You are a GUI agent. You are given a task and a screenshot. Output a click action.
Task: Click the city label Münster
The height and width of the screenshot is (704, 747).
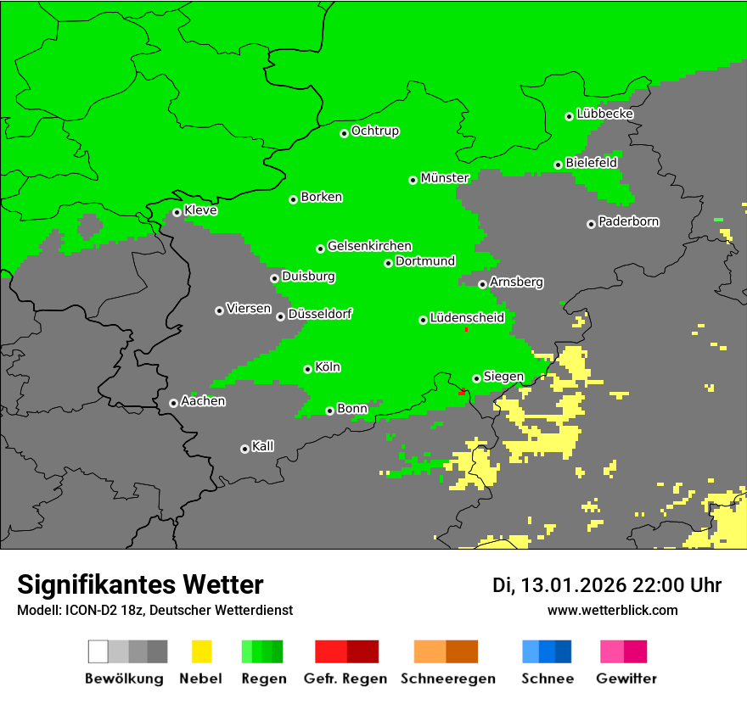[445, 178]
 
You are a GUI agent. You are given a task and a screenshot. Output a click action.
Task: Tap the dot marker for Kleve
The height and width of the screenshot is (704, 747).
[177, 212]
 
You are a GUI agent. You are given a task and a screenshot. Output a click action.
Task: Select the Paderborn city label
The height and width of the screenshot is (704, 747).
[628, 221]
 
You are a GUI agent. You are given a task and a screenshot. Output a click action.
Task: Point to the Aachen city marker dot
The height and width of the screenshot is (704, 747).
[173, 403]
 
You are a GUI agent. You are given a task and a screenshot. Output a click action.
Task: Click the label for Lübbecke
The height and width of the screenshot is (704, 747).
[604, 114]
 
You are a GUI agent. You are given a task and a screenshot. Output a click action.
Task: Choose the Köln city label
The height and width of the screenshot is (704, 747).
[328, 367]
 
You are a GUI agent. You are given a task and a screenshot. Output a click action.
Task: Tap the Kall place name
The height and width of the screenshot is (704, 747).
[262, 446]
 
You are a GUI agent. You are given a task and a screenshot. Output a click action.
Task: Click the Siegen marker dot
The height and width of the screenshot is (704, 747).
[476, 378]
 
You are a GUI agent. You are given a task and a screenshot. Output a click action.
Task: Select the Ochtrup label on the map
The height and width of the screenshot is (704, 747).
[375, 131]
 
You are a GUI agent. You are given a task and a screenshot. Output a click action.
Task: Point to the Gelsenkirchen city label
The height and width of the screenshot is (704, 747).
[369, 246]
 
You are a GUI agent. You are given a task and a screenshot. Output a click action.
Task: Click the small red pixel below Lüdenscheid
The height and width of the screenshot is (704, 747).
[467, 329]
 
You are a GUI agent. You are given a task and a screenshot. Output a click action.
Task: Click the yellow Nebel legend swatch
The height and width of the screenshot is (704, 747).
[201, 651]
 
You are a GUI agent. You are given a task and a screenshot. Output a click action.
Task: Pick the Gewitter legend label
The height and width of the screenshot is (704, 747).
[626, 679]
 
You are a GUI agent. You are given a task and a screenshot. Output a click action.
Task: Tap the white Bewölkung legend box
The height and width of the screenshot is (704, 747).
[98, 651]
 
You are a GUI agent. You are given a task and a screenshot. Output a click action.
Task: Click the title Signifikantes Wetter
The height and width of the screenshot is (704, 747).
[140, 585]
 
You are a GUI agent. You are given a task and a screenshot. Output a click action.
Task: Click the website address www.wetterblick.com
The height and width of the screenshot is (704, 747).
[612, 610]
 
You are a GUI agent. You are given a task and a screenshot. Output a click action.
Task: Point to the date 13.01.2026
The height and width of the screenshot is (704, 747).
[573, 585]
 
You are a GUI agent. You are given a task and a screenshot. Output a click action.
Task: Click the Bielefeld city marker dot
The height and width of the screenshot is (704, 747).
[558, 165]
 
